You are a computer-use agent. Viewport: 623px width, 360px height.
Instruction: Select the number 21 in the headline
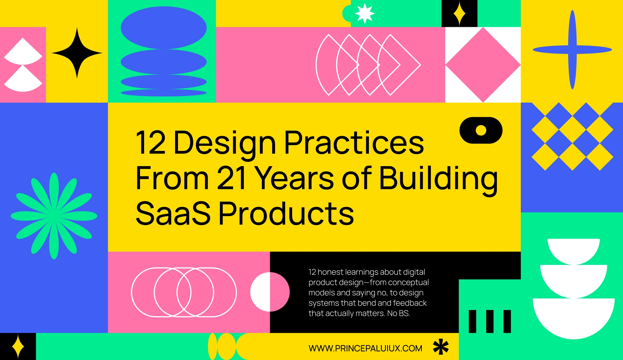pyautogui.click(x=232, y=178)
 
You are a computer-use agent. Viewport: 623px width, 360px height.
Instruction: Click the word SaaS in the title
pyautogui.click(x=173, y=214)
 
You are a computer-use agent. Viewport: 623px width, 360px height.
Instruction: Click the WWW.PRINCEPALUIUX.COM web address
pyautogui.click(x=365, y=348)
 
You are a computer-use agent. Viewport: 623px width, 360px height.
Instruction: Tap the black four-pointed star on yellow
pyautogui.click(x=77, y=53)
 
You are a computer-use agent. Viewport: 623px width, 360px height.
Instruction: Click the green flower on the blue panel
pyautogui.click(x=54, y=216)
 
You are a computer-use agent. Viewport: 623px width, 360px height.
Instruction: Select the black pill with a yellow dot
pyautogui.click(x=481, y=130)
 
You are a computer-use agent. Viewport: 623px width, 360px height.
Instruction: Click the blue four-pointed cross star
pyautogui.click(x=572, y=50)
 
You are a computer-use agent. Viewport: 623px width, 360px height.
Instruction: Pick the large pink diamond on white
pyautogui.click(x=483, y=65)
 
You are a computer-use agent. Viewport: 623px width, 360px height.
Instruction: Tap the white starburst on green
pyautogui.click(x=364, y=13)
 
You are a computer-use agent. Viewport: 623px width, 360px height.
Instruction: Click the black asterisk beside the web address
pyautogui.click(x=441, y=347)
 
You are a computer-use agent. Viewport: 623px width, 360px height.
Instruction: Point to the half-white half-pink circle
pyautogui.click(x=270, y=292)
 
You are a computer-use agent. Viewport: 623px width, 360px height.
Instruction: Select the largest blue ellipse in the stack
pyautogui.click(x=163, y=28)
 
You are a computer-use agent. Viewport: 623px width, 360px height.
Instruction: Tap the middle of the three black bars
pyautogui.click(x=489, y=321)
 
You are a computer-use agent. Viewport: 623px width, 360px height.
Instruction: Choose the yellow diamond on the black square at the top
pyautogui.click(x=459, y=14)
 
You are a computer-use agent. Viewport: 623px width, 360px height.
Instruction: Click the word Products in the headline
pyautogui.click(x=286, y=214)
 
